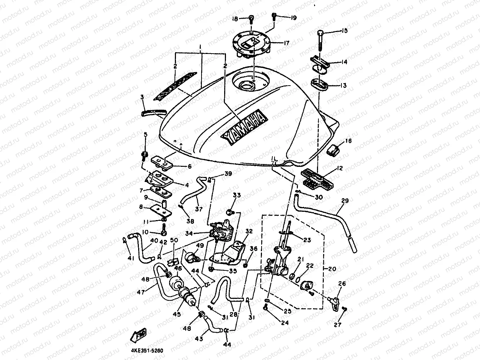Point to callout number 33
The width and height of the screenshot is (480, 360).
236,195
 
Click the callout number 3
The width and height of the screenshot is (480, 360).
142,97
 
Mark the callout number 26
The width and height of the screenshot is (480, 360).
341,284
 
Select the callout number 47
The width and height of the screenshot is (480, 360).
141,292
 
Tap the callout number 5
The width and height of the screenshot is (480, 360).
146,135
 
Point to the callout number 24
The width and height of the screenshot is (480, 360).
285,323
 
